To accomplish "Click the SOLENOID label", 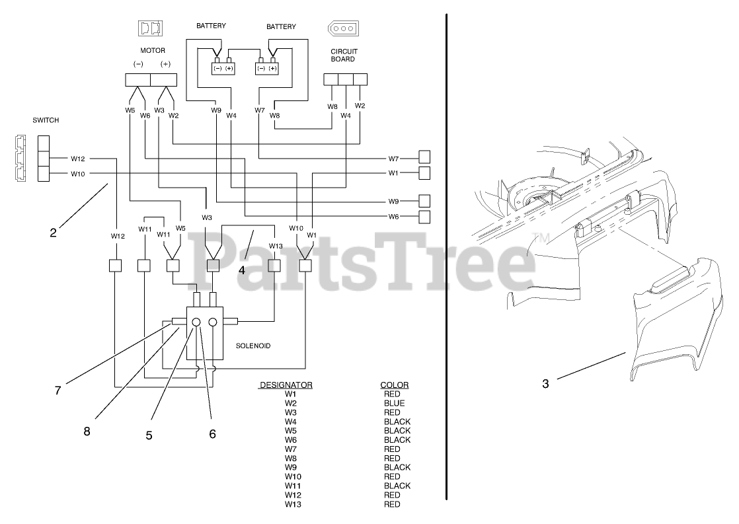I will [x=253, y=346].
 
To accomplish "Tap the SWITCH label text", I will [x=46, y=120].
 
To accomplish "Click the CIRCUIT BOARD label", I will [x=342, y=55].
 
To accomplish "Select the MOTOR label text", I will [x=152, y=50].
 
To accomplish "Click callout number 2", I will [x=53, y=232].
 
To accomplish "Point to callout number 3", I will [x=545, y=383].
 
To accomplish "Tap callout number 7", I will [x=58, y=391].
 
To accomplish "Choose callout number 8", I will [x=87, y=431].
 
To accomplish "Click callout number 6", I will [x=212, y=434].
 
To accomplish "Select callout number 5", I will [x=149, y=435].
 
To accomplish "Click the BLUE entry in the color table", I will [x=395, y=403].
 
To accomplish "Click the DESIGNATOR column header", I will [x=286, y=385].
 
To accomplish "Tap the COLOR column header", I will [x=395, y=385].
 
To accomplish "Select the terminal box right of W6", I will [x=424, y=216].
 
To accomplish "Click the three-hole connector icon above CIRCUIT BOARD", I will [x=342, y=30].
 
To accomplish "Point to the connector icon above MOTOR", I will [x=151, y=28].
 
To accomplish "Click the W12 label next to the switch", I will [x=79, y=159].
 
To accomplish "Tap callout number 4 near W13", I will [x=242, y=270].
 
